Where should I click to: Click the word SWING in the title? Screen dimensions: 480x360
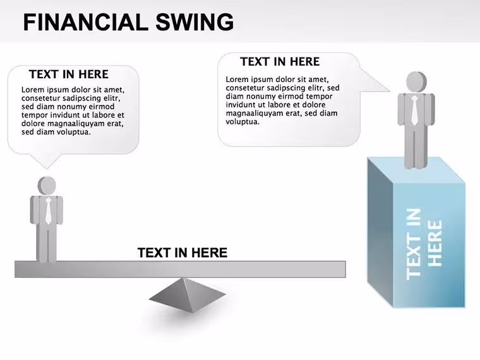point(195,22)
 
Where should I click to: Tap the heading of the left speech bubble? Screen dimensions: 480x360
point(69,75)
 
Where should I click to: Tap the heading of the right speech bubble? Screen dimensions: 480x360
point(280,62)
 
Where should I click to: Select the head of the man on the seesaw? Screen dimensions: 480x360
point(47,186)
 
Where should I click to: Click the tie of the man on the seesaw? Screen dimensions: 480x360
point(49,211)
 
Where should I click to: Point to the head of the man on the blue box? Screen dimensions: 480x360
point(416,81)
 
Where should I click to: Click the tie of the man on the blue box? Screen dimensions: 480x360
point(414,110)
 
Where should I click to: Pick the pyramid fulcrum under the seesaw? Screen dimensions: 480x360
point(188,295)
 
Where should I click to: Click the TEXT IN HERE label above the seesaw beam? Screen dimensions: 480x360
point(183,253)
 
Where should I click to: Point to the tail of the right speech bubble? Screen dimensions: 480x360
point(374,80)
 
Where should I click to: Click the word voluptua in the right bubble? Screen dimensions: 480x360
point(243,122)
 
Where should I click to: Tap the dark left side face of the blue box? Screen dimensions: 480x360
point(380,232)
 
